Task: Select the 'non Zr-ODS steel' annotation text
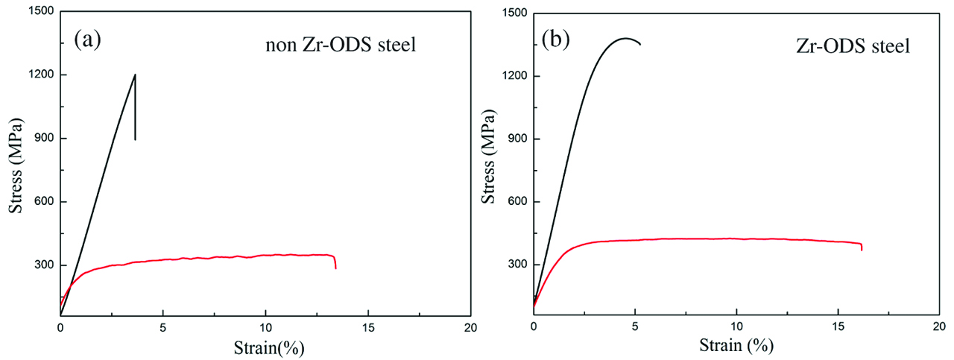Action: pyautogui.click(x=340, y=45)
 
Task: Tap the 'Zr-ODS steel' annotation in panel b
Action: pyautogui.click(x=853, y=46)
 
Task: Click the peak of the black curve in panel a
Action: pyautogui.click(x=135, y=75)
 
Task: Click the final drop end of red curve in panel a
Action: pyautogui.click(x=335, y=268)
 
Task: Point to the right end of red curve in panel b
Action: pyautogui.click(x=862, y=249)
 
